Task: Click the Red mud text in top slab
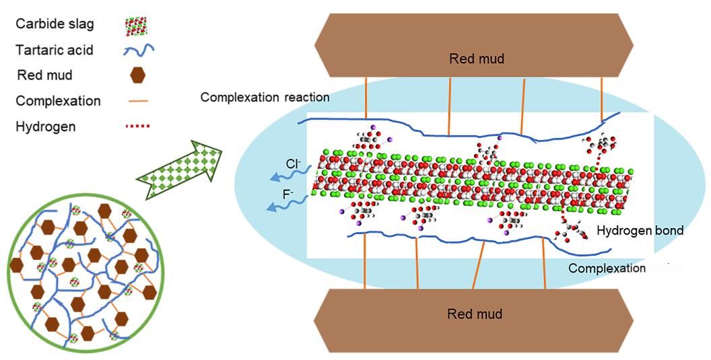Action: [476, 59]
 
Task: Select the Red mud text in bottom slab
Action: [475, 314]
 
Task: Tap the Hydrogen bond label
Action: [640, 231]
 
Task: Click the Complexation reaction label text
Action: [265, 98]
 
